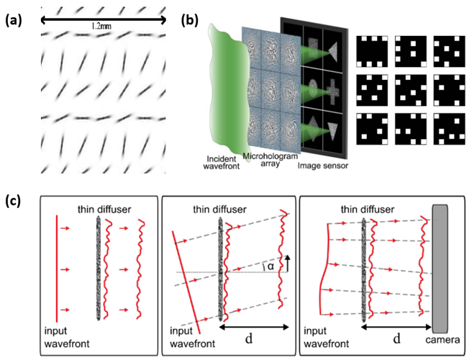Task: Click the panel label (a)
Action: [14, 20]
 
